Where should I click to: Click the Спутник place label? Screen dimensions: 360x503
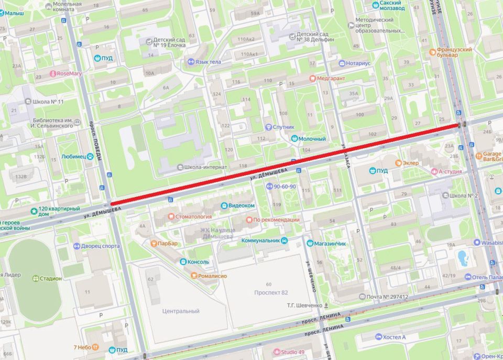(283, 127)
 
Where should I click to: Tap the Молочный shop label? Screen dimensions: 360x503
(313, 139)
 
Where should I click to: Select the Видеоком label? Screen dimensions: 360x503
(242, 205)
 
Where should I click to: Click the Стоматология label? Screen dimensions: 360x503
(193, 216)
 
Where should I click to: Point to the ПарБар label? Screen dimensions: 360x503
(167, 244)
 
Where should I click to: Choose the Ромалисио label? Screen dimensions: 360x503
(212, 275)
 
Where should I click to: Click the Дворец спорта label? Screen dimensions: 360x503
(101, 246)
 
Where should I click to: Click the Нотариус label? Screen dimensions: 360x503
(358, 63)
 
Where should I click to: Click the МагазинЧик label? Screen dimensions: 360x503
(330, 243)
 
